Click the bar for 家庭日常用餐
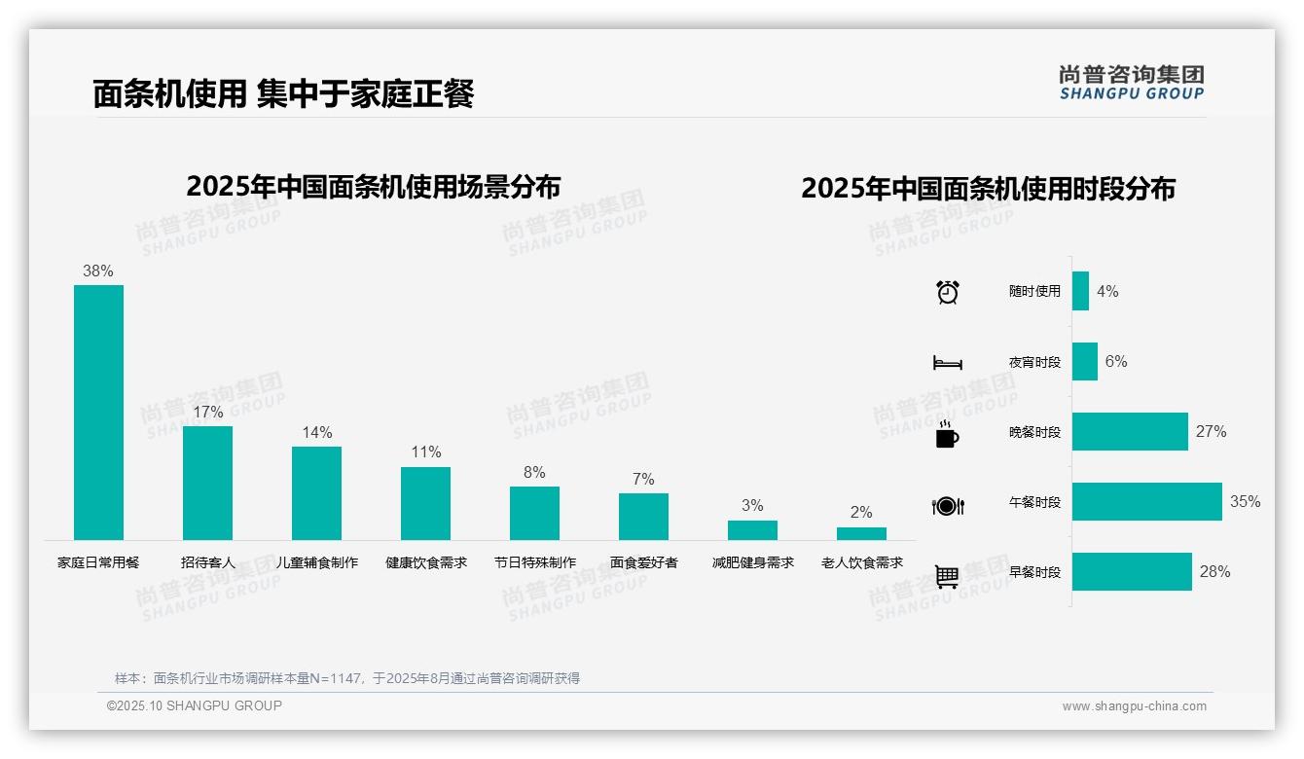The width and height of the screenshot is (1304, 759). pyautogui.click(x=98, y=412)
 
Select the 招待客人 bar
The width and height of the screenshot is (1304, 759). pyautogui.click(x=207, y=483)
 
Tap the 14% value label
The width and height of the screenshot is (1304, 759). pyautogui.click(x=317, y=432)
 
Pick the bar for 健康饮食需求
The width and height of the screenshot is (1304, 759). pyautogui.click(x=425, y=503)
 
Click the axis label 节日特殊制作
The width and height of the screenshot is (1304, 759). pyautogui.click(x=534, y=562)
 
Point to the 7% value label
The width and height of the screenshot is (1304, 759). pyautogui.click(x=643, y=479)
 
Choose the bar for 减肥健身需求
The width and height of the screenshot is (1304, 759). pyautogui.click(x=752, y=530)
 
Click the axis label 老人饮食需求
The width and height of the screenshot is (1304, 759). pyautogui.click(x=861, y=562)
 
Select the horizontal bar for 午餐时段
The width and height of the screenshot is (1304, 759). pyautogui.click(x=1146, y=502)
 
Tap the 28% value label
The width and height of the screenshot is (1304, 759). pyautogui.click(x=1214, y=572)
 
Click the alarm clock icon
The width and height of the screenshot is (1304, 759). pyautogui.click(x=948, y=292)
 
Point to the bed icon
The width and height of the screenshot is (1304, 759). pyautogui.click(x=948, y=363)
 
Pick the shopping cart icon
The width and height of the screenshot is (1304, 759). pyautogui.click(x=948, y=576)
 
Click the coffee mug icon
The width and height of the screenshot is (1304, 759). pyautogui.click(x=948, y=435)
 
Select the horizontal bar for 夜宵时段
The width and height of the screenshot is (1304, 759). pyautogui.click(x=1085, y=361)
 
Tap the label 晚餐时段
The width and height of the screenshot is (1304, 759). pyautogui.click(x=1034, y=432)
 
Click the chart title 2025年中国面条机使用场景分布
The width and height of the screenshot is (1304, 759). pyautogui.click(x=373, y=186)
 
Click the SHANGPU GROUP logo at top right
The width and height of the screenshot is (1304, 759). pyautogui.click(x=1131, y=83)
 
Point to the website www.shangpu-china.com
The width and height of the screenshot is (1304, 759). pyautogui.click(x=1134, y=706)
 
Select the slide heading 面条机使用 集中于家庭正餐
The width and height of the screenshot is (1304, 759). pyautogui.click(x=283, y=93)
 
